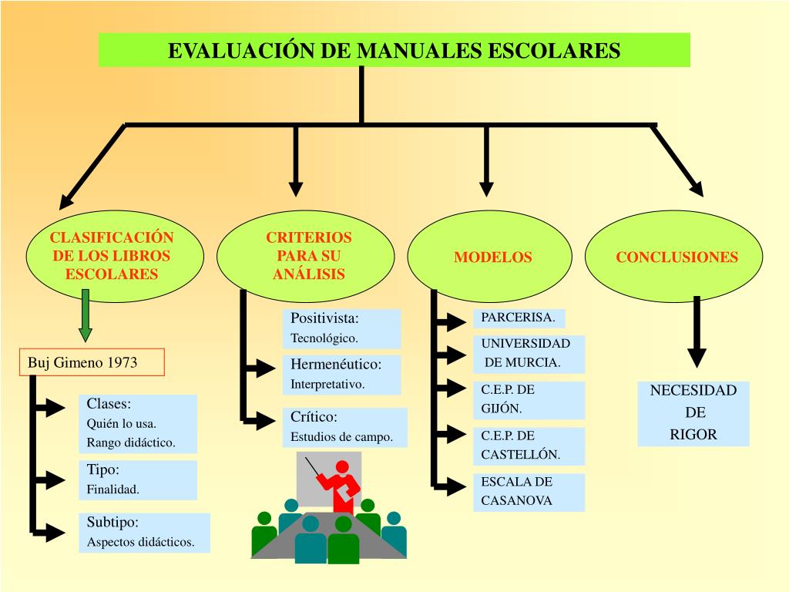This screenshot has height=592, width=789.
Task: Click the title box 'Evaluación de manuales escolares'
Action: tap(394, 50)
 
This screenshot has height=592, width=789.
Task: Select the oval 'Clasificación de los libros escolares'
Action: tap(112, 257)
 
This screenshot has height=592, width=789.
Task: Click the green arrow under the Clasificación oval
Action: tap(86, 315)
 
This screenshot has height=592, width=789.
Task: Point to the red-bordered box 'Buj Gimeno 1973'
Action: tap(92, 362)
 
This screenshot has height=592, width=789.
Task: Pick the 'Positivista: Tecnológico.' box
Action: tap(341, 328)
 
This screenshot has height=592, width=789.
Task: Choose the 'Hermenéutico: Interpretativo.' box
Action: tap(341, 374)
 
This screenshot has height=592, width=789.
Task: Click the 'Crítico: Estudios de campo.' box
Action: tap(344, 427)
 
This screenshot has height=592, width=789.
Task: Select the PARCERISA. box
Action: tap(519, 318)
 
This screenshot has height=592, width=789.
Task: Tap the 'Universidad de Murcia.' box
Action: tap(528, 353)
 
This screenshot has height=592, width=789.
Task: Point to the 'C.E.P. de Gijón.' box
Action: tap(528, 399)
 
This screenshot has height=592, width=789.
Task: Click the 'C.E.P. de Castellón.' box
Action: tap(528, 446)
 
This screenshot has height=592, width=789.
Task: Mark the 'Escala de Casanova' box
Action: tap(528, 492)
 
